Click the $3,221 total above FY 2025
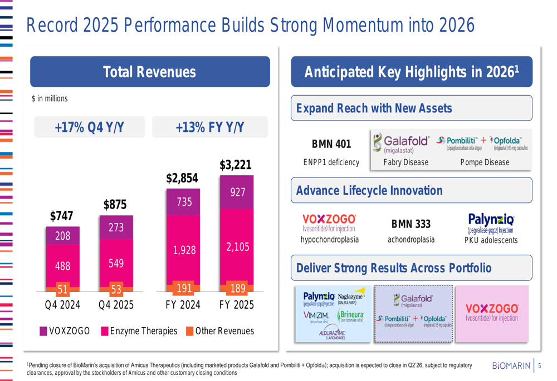coord(236,165)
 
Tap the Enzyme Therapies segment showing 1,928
coord(184,250)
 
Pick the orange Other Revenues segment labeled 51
coord(63,289)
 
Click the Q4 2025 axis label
coord(116,305)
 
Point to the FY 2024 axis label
coord(184,305)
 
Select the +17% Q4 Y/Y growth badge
coord(89,127)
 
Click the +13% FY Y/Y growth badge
coord(209,127)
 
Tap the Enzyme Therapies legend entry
coord(139,331)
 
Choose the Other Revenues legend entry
coord(219,331)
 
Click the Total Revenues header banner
coord(150,72)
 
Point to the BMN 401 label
coord(331,145)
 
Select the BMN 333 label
coord(411,224)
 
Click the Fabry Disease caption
coord(406,162)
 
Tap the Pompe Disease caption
coord(485,162)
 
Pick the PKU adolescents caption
coord(491,240)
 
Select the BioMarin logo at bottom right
coord(511,365)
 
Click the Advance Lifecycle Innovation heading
coord(369,191)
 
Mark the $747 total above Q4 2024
coord(62,216)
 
